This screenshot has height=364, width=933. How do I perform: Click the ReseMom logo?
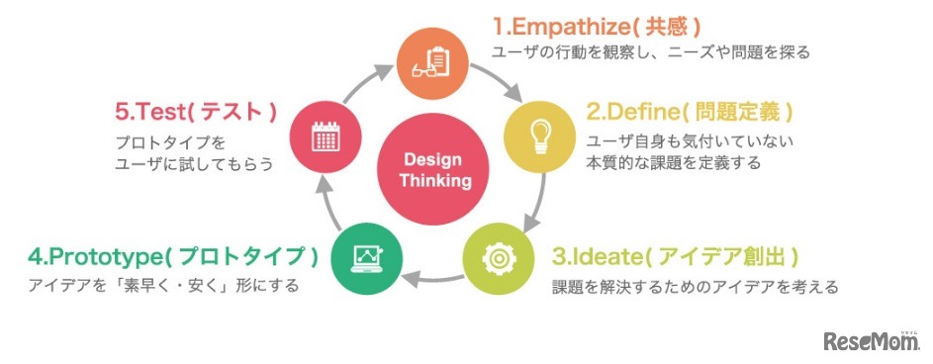point(872,342)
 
